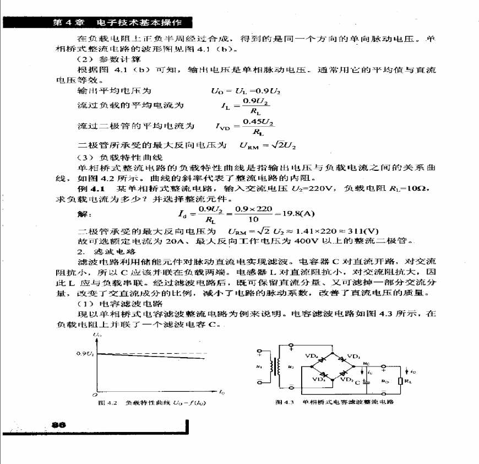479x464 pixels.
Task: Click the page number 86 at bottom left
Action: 58,425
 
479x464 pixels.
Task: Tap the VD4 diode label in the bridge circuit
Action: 312,355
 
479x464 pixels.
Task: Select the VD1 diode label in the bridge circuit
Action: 354,355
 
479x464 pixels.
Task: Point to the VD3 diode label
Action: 319,379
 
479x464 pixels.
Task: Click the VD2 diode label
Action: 346,379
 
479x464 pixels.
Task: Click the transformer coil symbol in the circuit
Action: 277,366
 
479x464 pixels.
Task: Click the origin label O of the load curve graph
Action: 94,395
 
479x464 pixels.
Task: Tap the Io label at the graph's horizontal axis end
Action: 221,392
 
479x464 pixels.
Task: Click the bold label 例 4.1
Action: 91,188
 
